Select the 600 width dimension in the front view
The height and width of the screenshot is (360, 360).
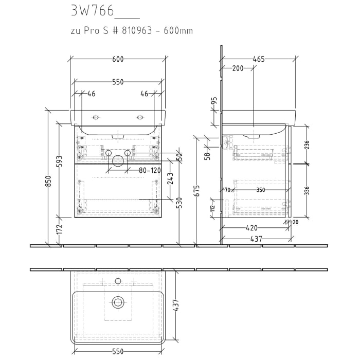118,59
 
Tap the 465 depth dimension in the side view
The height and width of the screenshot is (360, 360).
258,59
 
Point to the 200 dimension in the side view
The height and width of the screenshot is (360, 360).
238,68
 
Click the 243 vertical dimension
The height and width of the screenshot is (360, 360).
171,178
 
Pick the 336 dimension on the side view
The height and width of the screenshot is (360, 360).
307,191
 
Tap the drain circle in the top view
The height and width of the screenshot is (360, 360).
118,302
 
